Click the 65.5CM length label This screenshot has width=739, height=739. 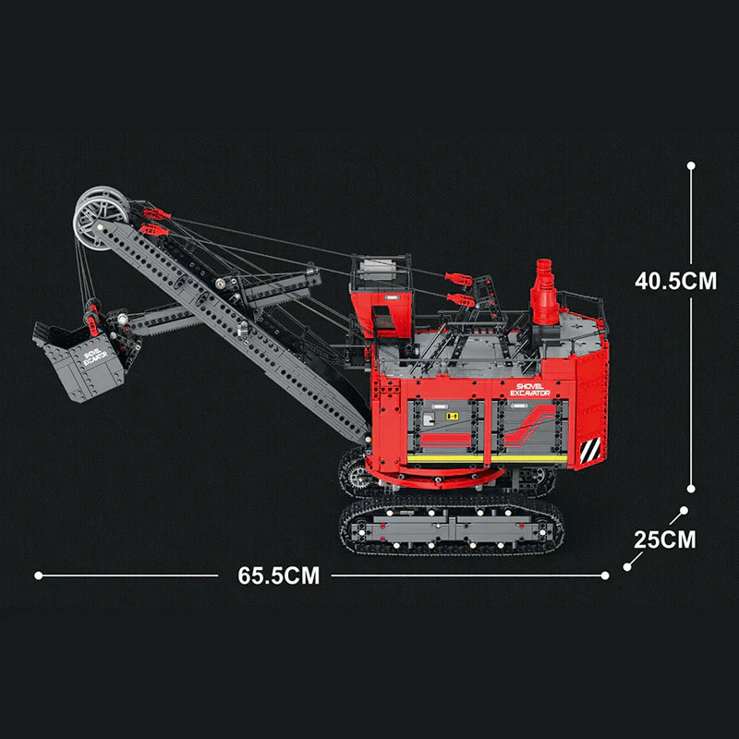(278, 575)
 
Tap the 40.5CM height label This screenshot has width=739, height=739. (675, 281)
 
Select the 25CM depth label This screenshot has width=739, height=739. (664, 539)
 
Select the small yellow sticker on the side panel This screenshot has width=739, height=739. (453, 417)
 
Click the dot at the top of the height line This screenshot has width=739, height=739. (691, 166)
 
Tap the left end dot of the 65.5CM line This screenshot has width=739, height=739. (38, 575)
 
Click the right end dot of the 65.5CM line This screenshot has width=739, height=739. (605, 575)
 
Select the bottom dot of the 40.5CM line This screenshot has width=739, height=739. (691, 490)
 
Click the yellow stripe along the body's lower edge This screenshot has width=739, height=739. (487, 456)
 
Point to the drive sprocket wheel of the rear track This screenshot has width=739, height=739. (354, 474)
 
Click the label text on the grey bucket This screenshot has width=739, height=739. (92, 359)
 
